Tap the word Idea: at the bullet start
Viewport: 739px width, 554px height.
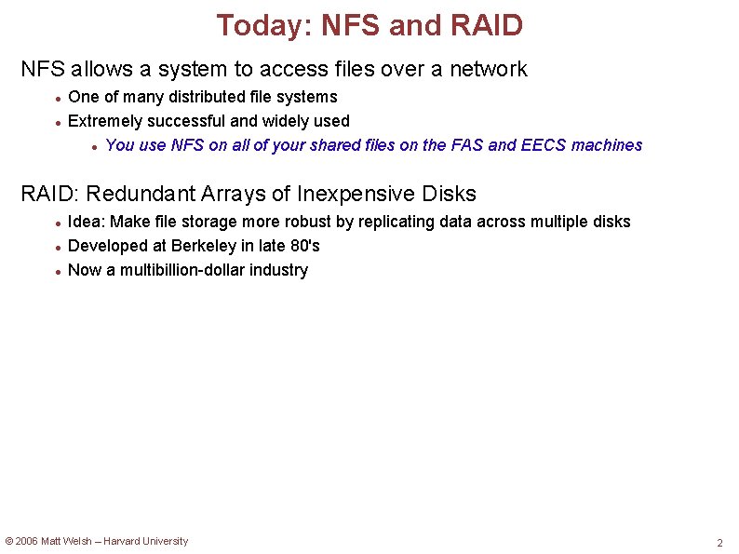click(87, 222)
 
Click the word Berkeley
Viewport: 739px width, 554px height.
click(207, 246)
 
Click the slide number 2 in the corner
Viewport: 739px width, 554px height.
click(719, 543)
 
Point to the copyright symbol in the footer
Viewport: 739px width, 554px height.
click(9, 541)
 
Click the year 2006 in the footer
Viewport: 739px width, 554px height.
click(26, 541)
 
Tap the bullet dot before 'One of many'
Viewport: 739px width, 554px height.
click(58, 98)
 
